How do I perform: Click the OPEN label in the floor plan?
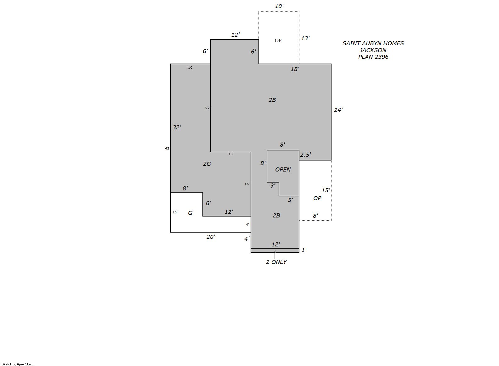tap(283, 170)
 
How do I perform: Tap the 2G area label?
tap(207, 164)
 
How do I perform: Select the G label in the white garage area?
tap(190, 213)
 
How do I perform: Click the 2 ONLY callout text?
tap(276, 262)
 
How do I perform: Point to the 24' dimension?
tap(338, 110)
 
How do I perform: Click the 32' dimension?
tap(177, 127)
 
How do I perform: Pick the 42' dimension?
tap(167, 149)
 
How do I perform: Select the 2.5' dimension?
tap(305, 155)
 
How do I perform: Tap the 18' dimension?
tap(295, 69)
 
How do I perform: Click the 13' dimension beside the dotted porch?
tap(305, 38)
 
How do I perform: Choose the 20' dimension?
tap(211, 237)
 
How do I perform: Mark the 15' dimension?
tap(326, 190)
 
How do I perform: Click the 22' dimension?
tap(208, 108)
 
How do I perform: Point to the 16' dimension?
tap(247, 184)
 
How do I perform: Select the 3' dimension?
tap(273, 185)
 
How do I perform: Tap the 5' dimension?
tap(291, 200)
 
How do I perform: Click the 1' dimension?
tap(304, 250)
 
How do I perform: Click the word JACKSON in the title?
tap(373, 50)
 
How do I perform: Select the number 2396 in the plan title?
tap(381, 57)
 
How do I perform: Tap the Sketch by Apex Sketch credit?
tap(19, 364)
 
